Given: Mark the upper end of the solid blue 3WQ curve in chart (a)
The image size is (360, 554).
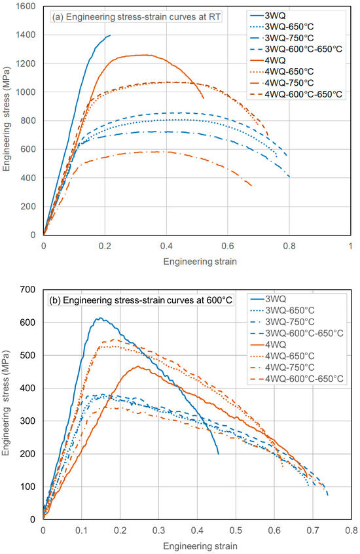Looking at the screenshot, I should tap(110, 35).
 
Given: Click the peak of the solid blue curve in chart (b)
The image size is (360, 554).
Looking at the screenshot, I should tap(99, 319).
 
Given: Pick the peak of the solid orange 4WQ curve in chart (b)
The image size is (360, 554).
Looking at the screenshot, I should tap(139, 366).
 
